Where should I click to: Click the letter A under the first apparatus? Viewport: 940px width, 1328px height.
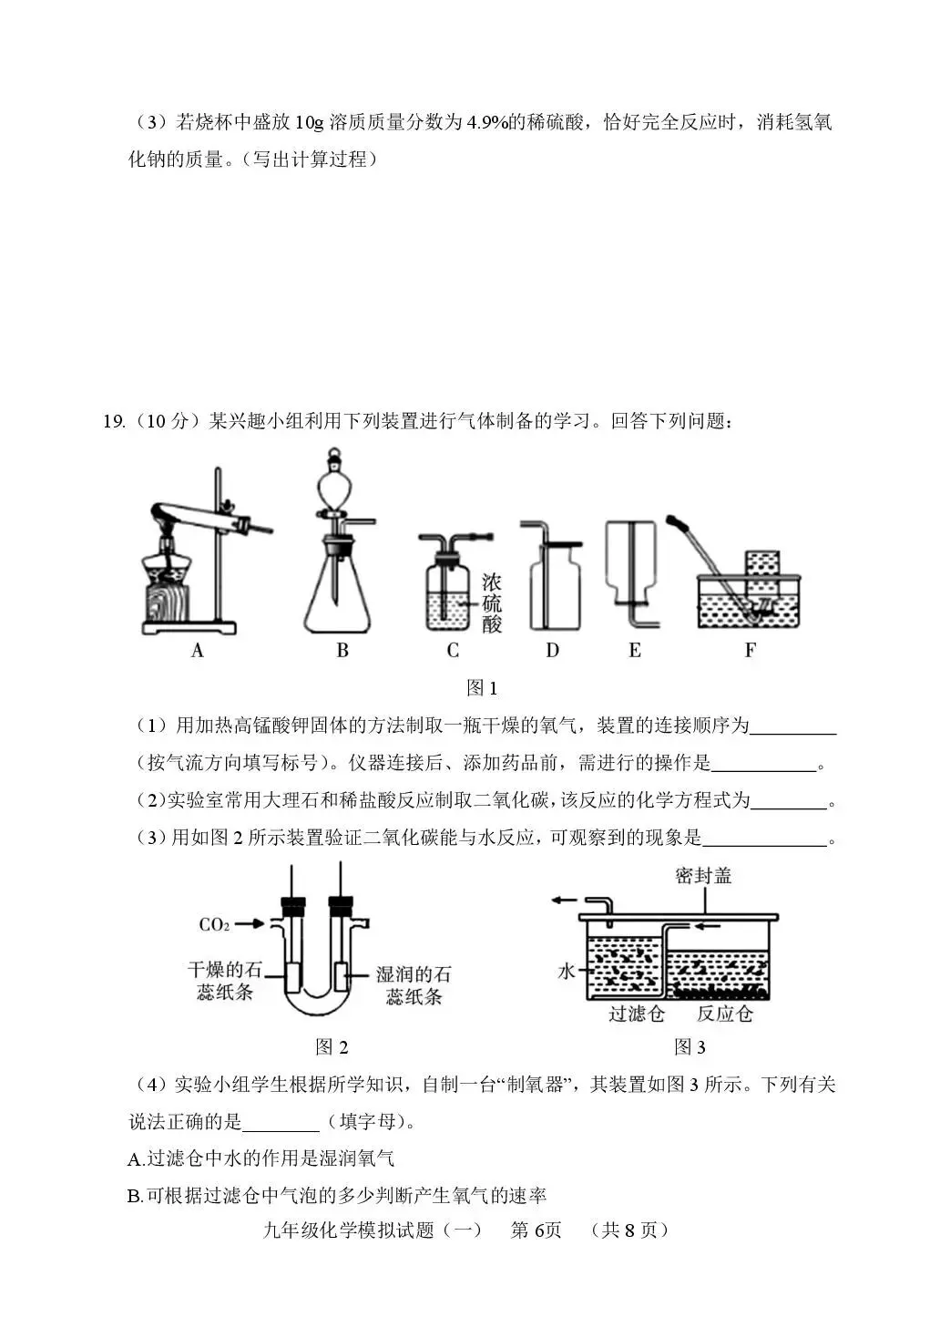point(198,650)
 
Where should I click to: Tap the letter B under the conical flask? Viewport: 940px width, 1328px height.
point(342,650)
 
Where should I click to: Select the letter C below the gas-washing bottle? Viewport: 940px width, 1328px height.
point(453,650)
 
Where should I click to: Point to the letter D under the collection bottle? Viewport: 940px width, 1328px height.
point(552,650)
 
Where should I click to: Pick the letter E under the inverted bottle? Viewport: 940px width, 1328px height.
point(635,650)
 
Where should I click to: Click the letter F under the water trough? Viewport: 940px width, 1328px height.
point(750,650)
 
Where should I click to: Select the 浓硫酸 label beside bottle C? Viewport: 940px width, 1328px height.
point(492,602)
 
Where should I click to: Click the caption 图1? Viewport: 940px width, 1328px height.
point(481,688)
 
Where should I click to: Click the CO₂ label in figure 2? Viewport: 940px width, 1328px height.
point(214,925)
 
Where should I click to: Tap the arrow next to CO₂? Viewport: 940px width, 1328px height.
point(250,924)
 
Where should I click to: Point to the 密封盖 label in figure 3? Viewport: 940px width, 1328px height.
point(703,876)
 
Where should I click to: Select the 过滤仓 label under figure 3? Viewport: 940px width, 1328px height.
point(637,1014)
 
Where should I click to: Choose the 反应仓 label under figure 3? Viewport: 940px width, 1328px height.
point(725,1014)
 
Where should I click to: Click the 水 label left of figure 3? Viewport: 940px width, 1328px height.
point(566,972)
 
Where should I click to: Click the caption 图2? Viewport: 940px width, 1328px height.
point(332,1047)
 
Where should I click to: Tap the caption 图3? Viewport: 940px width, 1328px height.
point(690,1047)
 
